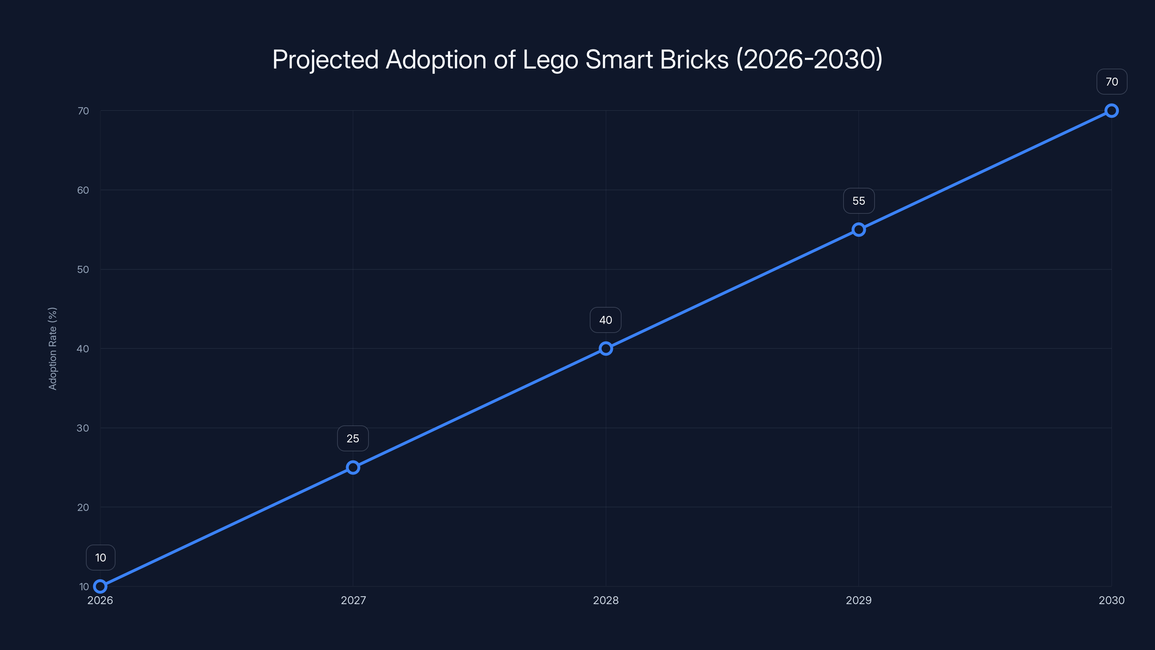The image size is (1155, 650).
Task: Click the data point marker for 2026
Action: (x=100, y=586)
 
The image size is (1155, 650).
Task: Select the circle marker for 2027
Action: (x=353, y=467)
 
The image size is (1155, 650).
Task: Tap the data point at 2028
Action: (x=606, y=348)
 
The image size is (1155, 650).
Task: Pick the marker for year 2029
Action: (x=859, y=230)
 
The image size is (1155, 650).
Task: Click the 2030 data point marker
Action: (x=1112, y=111)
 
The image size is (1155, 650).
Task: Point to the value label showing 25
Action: (x=353, y=438)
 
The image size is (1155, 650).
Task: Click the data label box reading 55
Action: (x=859, y=201)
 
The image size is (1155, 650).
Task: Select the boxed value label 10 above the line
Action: (x=100, y=558)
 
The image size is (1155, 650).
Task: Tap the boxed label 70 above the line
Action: (x=1112, y=82)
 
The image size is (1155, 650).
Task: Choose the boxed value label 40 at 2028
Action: (x=606, y=320)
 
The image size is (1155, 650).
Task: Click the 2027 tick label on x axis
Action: (x=353, y=600)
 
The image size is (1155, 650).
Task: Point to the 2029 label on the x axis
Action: (x=859, y=600)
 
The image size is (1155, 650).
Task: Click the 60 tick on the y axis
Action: (x=83, y=190)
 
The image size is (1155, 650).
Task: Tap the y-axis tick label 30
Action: (x=83, y=428)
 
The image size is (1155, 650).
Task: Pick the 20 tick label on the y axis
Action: (x=83, y=507)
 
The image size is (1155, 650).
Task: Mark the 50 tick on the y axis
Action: (x=83, y=270)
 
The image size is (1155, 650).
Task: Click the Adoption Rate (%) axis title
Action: (x=52, y=348)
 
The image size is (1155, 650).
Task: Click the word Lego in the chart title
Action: (x=550, y=60)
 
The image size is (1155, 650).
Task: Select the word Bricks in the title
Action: (x=694, y=59)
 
